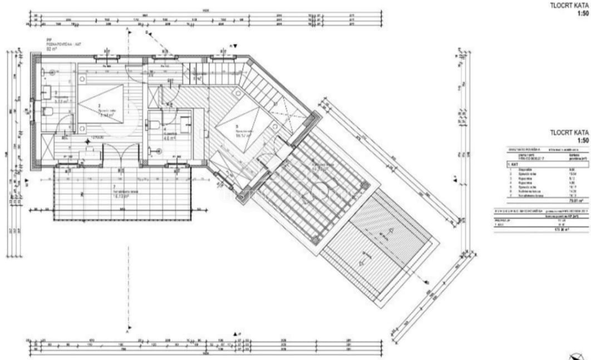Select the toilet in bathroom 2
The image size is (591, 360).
pyautogui.click(x=48, y=111)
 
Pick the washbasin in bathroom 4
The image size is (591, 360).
pyautogui.click(x=185, y=124)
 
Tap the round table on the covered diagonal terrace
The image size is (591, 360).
pyautogui.click(x=323, y=191)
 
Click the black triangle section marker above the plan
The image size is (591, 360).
pyautogui.click(x=235, y=46)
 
